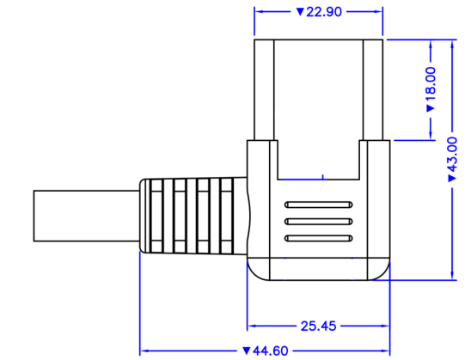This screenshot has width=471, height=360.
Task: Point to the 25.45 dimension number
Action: tap(319, 326)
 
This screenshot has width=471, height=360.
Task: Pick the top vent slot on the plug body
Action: tap(317, 206)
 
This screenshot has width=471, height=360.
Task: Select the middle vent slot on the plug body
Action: tap(317, 221)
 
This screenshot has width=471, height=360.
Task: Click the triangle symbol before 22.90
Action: tap(299, 13)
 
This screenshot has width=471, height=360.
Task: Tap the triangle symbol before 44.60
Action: tap(247, 351)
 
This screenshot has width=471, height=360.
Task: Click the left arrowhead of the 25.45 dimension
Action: tap(252, 326)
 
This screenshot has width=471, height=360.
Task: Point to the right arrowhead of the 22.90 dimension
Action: tap(379, 13)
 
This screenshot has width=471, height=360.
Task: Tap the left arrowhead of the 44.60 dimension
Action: tap(144, 351)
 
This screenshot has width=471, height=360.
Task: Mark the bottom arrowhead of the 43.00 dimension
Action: tap(452, 276)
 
